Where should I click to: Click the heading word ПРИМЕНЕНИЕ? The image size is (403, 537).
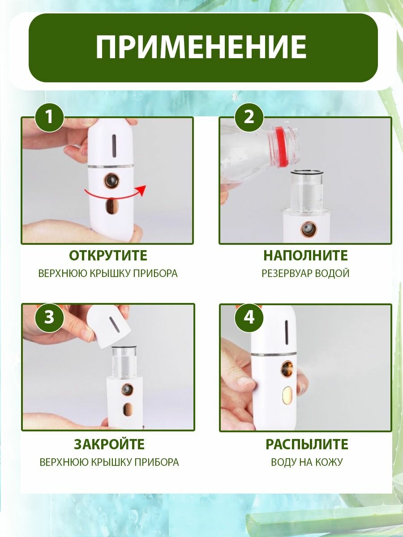[x=201, y=48]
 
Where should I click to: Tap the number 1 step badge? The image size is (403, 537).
[x=50, y=117]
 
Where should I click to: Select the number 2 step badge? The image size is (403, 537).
[x=249, y=117]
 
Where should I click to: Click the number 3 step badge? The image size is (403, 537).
[x=50, y=317]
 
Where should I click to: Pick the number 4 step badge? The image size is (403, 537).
[x=249, y=317]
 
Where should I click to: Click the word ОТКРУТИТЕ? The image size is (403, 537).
[x=108, y=256]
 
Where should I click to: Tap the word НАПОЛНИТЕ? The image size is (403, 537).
[x=306, y=256]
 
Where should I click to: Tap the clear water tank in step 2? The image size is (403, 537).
[x=307, y=189]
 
